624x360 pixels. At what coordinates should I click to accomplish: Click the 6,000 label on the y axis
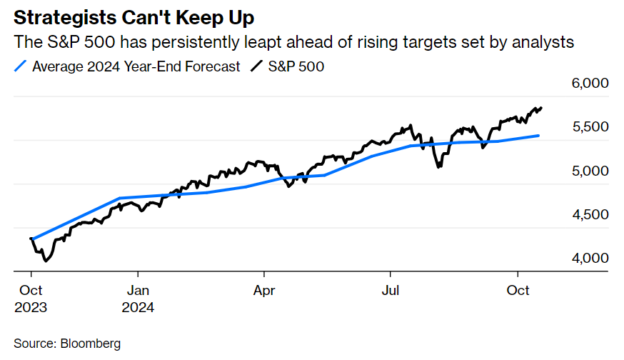click(591, 84)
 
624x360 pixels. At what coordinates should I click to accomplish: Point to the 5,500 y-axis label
click(591, 127)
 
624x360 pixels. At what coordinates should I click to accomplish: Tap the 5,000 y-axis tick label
click(591, 171)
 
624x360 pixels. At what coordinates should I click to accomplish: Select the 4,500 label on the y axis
click(591, 215)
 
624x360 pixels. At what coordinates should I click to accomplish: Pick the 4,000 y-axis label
click(591, 259)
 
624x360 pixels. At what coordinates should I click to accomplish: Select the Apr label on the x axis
click(264, 291)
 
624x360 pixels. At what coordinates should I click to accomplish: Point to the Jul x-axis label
click(390, 291)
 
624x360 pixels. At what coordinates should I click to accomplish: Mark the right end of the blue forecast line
click(538, 135)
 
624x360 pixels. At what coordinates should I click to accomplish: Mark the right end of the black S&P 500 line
click(541, 108)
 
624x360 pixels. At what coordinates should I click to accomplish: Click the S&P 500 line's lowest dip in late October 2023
click(46, 261)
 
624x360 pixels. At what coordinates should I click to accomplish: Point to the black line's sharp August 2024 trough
click(438, 167)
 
